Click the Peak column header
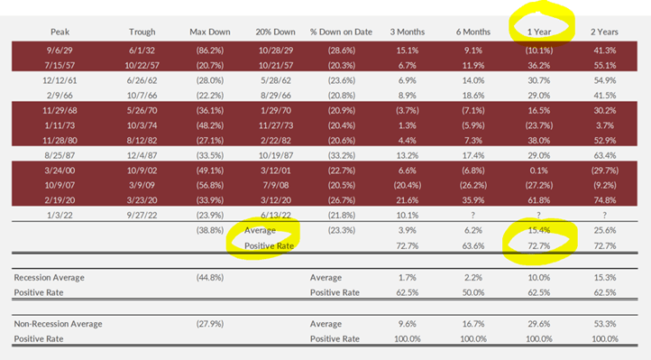coord(60,32)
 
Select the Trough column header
coord(142,32)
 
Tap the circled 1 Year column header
coord(539,32)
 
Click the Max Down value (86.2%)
coord(210,51)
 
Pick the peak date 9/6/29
coord(60,51)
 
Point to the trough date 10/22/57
coord(142,66)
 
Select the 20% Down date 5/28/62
coord(276,80)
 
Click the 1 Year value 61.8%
coord(539,200)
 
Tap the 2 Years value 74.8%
coord(605,200)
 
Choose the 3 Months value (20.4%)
coord(408,185)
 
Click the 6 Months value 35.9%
coord(473,200)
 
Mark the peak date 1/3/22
coord(60,215)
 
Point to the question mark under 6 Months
coord(473,215)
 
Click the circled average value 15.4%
coord(539,230)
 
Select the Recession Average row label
coord(49,277)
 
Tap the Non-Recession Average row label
coord(58,324)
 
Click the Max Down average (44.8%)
coord(210,277)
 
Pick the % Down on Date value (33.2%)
coord(342,155)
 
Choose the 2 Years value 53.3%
coord(605,324)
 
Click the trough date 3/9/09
coord(142,185)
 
